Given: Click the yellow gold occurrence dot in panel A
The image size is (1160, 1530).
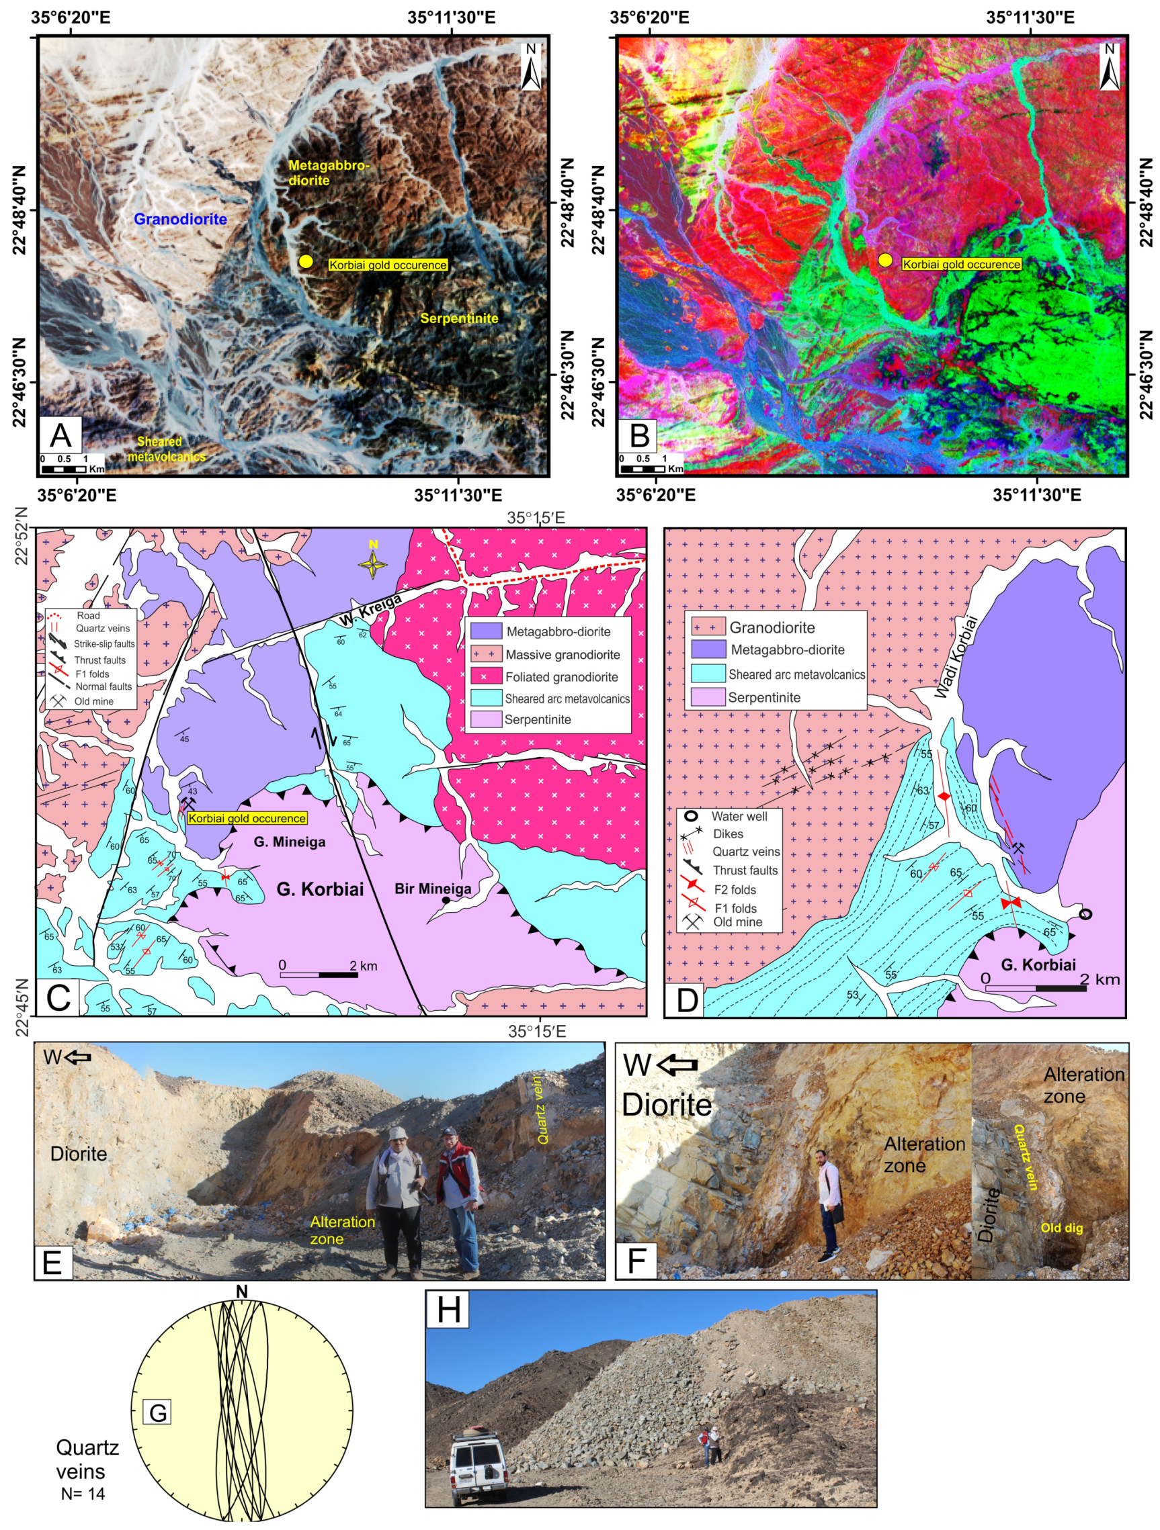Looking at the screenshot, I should click(x=306, y=261).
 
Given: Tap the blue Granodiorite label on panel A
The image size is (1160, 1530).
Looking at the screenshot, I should click(x=180, y=219).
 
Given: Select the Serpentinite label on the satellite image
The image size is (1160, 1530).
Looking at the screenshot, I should click(x=459, y=318).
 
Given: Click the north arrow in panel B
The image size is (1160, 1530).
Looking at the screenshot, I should click(x=1110, y=67).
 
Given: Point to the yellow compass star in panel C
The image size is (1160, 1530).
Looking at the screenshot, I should click(x=373, y=564).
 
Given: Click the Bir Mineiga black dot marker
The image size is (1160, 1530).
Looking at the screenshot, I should click(x=446, y=901).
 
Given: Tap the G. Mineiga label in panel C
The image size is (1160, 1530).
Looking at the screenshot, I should click(x=289, y=842).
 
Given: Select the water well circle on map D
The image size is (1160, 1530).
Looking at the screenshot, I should click(x=1085, y=914).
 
